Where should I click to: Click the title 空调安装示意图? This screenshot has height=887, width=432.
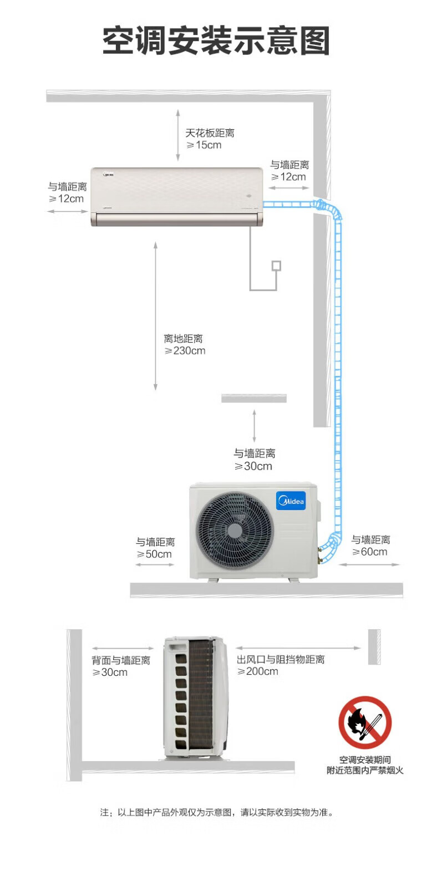216,41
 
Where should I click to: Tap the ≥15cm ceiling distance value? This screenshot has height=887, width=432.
204,145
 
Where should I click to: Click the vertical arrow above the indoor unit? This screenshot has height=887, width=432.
178,135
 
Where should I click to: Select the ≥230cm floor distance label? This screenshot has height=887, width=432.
185,350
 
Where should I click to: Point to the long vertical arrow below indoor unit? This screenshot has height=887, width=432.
156,316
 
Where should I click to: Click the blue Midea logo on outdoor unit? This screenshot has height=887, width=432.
291,501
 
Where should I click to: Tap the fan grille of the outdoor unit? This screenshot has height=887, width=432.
235,531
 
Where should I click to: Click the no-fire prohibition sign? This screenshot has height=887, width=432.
365,723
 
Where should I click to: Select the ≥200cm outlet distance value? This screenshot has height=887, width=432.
258,671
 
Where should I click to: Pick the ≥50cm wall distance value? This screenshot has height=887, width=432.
154,554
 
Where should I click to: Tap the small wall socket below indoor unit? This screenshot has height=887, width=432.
276,266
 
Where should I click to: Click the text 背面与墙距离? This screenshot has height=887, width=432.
121,660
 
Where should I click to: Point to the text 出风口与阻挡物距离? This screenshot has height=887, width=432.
281,659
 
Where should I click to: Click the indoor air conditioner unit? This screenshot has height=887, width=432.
176,197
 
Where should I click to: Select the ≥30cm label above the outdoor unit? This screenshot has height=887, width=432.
253,466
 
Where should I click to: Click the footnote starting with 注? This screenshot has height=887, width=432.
217,812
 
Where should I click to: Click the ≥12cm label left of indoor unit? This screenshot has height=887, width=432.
66,198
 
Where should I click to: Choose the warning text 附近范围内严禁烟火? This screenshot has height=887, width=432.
365,770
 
